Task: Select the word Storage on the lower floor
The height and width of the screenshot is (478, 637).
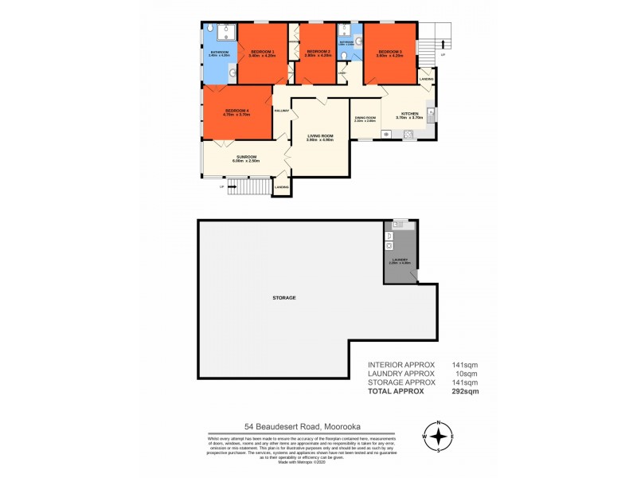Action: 283,297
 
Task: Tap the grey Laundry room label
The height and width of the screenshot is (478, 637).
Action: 399,260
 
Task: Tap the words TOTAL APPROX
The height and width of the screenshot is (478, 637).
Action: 397,392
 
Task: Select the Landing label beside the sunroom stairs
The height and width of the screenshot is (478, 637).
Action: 281,187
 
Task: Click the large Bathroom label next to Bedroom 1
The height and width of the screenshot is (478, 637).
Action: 220,53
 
